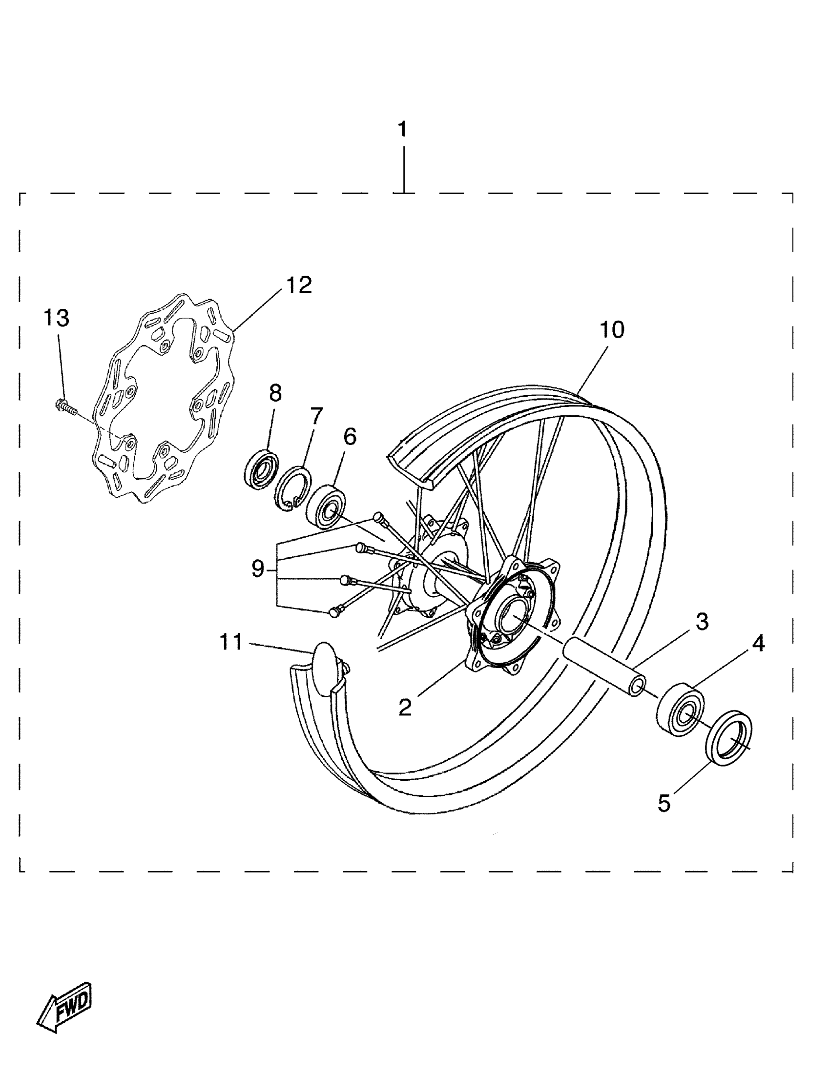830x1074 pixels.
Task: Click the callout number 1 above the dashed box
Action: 402,130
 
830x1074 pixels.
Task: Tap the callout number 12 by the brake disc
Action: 299,285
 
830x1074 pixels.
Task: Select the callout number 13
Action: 57,318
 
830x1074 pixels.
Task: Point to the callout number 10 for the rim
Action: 612,330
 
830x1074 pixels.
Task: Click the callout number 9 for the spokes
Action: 258,569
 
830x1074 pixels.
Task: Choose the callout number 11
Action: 231,642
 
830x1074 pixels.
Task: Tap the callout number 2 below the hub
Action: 405,707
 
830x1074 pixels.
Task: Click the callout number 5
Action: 664,803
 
